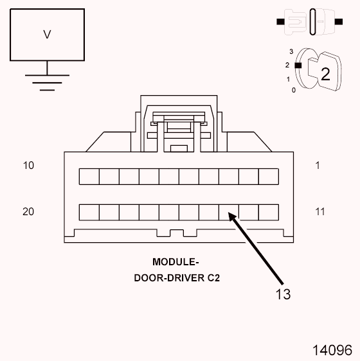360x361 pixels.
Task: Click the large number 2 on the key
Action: pos(325,73)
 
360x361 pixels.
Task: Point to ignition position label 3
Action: pos(291,51)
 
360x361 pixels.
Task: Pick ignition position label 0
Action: pos(294,90)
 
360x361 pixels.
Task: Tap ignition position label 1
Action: pos(287,79)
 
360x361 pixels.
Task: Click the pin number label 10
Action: pos(28,165)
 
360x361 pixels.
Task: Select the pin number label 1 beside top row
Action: pos(318,165)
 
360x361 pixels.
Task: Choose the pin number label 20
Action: pos(28,211)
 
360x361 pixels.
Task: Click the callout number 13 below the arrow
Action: pos(283,294)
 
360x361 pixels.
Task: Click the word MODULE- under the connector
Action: pos(175,262)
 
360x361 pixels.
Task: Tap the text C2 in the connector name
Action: pos(213,279)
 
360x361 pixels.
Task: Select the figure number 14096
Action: pos(332,351)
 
